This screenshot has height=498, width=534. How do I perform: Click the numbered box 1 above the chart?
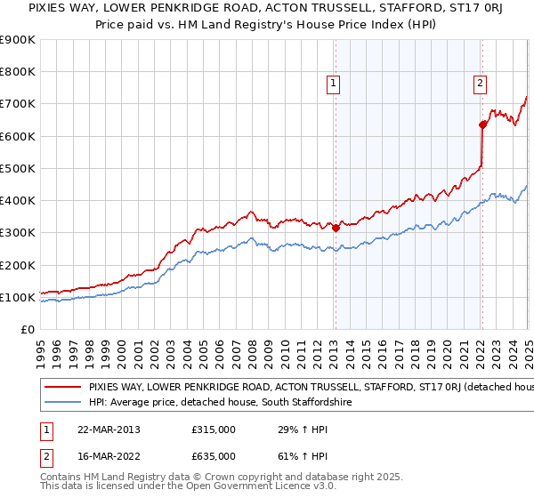[x=333, y=84]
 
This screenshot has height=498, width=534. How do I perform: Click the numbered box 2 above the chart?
[x=480, y=84]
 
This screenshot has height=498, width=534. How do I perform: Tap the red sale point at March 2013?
[x=336, y=228]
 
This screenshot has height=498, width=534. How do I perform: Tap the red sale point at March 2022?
[x=481, y=124]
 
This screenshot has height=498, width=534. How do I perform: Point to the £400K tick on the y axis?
[x=19, y=201]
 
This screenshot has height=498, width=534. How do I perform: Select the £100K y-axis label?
[x=19, y=298]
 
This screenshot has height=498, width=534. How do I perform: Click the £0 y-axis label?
[x=28, y=330]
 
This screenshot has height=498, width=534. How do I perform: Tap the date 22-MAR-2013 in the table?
[x=108, y=430]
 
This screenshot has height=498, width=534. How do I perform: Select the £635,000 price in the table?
[x=214, y=455]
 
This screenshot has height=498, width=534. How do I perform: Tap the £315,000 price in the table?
[x=214, y=430]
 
